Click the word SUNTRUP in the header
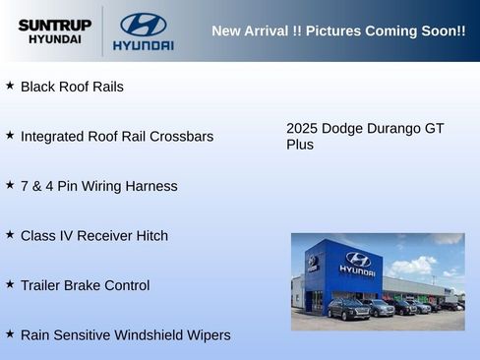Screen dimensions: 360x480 pos(54,25)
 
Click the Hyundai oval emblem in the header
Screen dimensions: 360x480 pos(143,24)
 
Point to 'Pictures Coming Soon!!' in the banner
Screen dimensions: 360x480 pos(386,31)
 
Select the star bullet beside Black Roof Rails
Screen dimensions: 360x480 pos(10,86)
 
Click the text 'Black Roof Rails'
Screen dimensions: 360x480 pos(72,87)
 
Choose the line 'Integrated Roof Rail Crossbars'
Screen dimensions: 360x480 pos(116,137)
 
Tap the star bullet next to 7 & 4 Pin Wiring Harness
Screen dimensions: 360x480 pos(10,185)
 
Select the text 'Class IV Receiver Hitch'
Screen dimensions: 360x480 pos(93,236)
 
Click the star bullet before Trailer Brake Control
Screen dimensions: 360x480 pos(10,284)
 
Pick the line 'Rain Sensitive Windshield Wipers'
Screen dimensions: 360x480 pos(125,335)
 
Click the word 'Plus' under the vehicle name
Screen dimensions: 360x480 pos(300,145)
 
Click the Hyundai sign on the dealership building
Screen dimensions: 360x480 pos(357,263)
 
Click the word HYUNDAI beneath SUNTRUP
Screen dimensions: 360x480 pos(54,39)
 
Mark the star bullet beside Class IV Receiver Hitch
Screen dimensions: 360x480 pos(10,235)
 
